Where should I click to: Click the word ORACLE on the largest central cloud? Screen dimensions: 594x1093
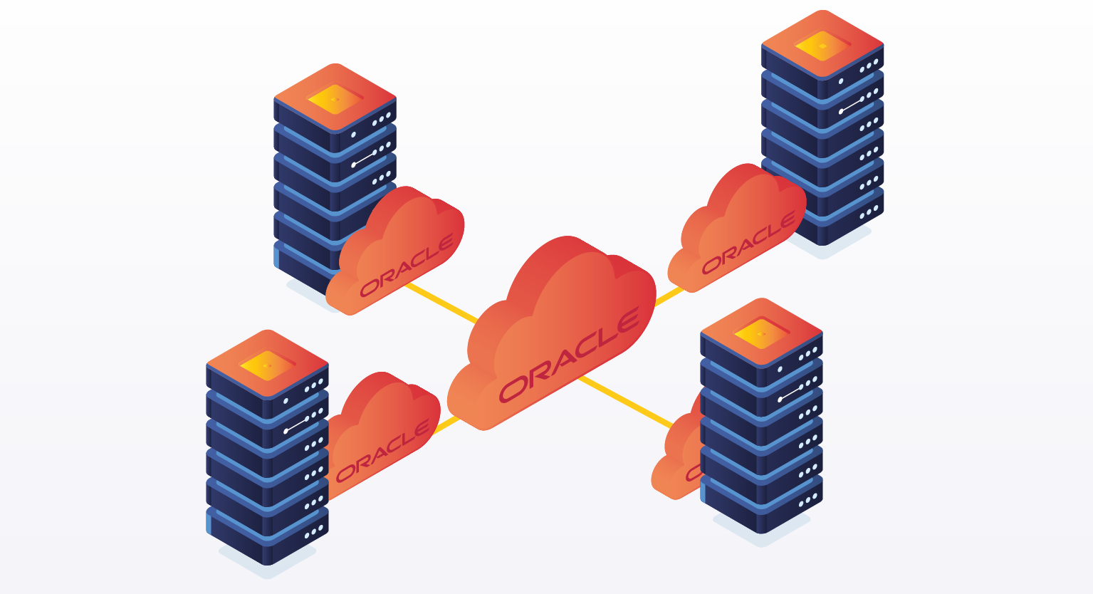(x=569, y=354)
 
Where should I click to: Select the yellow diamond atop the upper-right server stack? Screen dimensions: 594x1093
(x=822, y=46)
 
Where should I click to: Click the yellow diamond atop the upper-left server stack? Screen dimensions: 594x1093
(x=335, y=99)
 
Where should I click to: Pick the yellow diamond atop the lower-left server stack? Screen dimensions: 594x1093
(x=267, y=365)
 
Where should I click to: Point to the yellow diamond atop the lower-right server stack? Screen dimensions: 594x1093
(x=761, y=333)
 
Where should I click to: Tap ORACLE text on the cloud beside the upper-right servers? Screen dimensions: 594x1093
(x=748, y=243)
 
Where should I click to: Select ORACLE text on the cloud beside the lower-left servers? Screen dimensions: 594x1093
(x=382, y=451)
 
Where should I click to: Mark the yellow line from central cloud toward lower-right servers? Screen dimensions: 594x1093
(x=627, y=403)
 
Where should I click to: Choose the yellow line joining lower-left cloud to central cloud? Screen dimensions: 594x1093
(x=447, y=425)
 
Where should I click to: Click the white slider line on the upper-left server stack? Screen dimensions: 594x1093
(x=364, y=158)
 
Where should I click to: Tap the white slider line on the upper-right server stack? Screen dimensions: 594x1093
(x=852, y=105)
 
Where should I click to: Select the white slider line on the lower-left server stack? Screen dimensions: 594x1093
(x=296, y=425)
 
